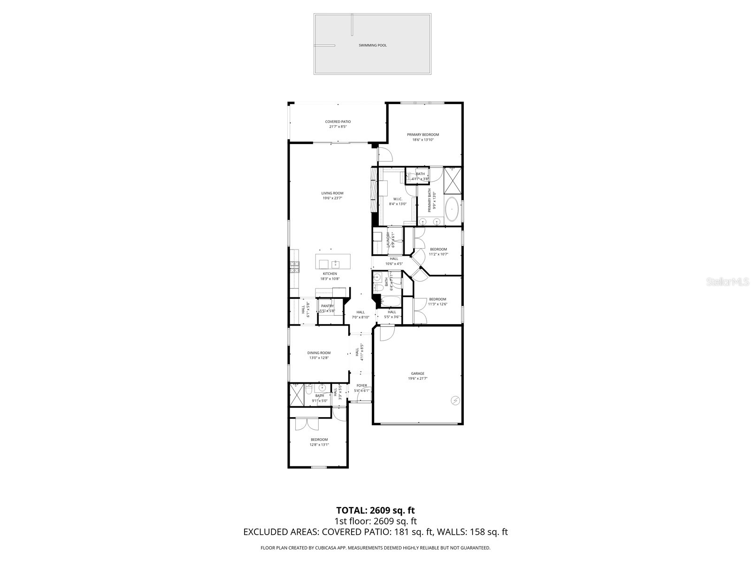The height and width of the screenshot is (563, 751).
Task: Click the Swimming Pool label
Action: coord(372,46)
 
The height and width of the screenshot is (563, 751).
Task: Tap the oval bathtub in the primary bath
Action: coord(452,209)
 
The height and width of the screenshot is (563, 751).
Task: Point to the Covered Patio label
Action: coord(337,122)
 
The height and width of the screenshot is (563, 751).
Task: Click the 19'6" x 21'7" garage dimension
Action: coord(417,379)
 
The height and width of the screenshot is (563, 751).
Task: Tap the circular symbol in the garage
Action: coord(455,400)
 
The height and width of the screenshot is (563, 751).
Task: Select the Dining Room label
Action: coord(319,353)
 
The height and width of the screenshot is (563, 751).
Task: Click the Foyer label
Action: coord(361,386)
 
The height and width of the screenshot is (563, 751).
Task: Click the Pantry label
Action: coord(327,306)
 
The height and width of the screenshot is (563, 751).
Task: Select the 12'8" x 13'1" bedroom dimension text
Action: coord(319,445)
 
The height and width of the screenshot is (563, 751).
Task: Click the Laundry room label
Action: coord(388,240)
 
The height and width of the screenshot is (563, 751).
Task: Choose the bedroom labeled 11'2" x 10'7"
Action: coord(438,251)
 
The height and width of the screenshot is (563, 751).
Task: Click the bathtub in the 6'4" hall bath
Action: coord(390,300)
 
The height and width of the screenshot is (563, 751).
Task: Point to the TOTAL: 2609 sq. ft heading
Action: coord(375,510)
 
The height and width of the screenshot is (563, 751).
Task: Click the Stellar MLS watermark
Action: coord(727,282)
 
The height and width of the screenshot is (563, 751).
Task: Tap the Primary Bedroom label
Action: coord(422,135)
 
